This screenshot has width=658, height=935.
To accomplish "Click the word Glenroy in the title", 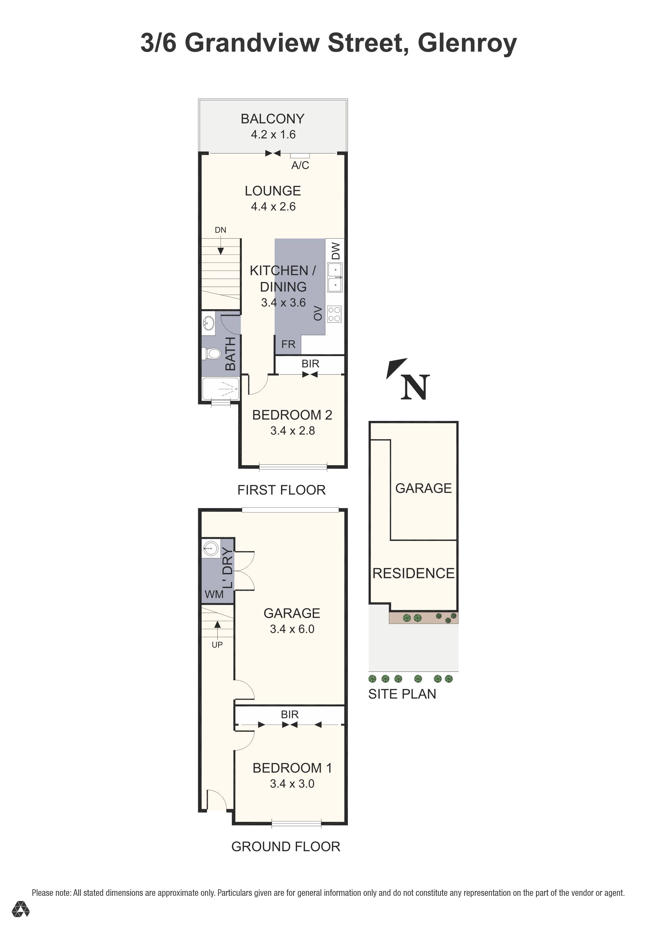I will click(x=467, y=43).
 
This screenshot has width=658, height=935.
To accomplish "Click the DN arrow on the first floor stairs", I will click(x=220, y=248).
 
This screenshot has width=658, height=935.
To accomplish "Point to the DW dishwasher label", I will click(x=335, y=251).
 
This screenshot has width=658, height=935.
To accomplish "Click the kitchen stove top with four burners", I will click(x=334, y=314).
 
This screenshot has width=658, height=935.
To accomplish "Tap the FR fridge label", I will click(x=288, y=345).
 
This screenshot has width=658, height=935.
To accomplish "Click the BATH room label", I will click(x=230, y=354).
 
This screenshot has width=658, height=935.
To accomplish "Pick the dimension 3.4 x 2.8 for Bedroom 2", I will click(x=292, y=431).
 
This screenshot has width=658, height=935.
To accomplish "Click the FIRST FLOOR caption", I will click(x=281, y=490).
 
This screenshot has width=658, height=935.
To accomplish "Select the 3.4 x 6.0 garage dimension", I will click(x=292, y=629).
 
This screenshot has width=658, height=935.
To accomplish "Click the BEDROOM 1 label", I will click(x=292, y=768).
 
